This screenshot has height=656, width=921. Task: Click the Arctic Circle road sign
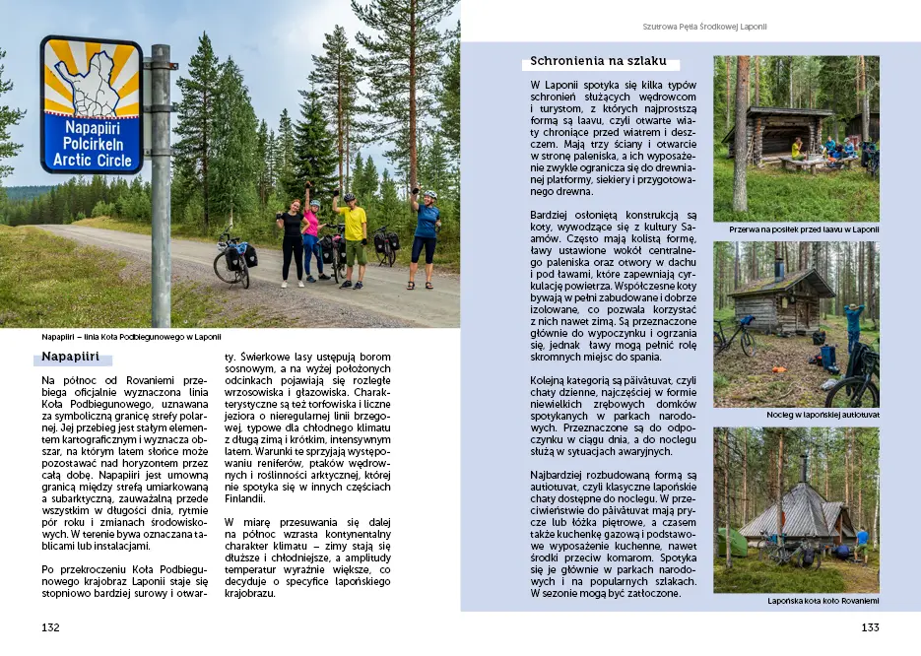pos(91,104)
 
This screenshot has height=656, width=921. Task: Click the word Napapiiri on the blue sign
pos(91,127)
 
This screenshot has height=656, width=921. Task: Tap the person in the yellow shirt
pos(353,231)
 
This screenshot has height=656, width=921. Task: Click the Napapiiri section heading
pos(71,357)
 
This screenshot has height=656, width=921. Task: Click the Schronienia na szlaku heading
pos(598,62)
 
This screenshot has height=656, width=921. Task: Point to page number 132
pos(50,627)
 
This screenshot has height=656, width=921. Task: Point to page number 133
pos(870,627)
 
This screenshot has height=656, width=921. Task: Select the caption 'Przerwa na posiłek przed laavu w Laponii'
pos(804,230)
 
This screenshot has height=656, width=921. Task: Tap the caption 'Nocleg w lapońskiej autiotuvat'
pos(822,415)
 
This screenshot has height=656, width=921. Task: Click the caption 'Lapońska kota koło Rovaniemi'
pos(822,601)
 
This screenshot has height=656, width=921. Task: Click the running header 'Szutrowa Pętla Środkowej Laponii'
pos(704,27)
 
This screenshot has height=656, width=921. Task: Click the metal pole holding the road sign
pos(161,197)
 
